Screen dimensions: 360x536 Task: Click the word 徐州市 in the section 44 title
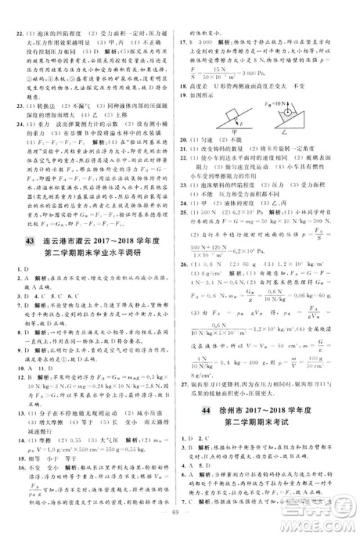233,409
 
